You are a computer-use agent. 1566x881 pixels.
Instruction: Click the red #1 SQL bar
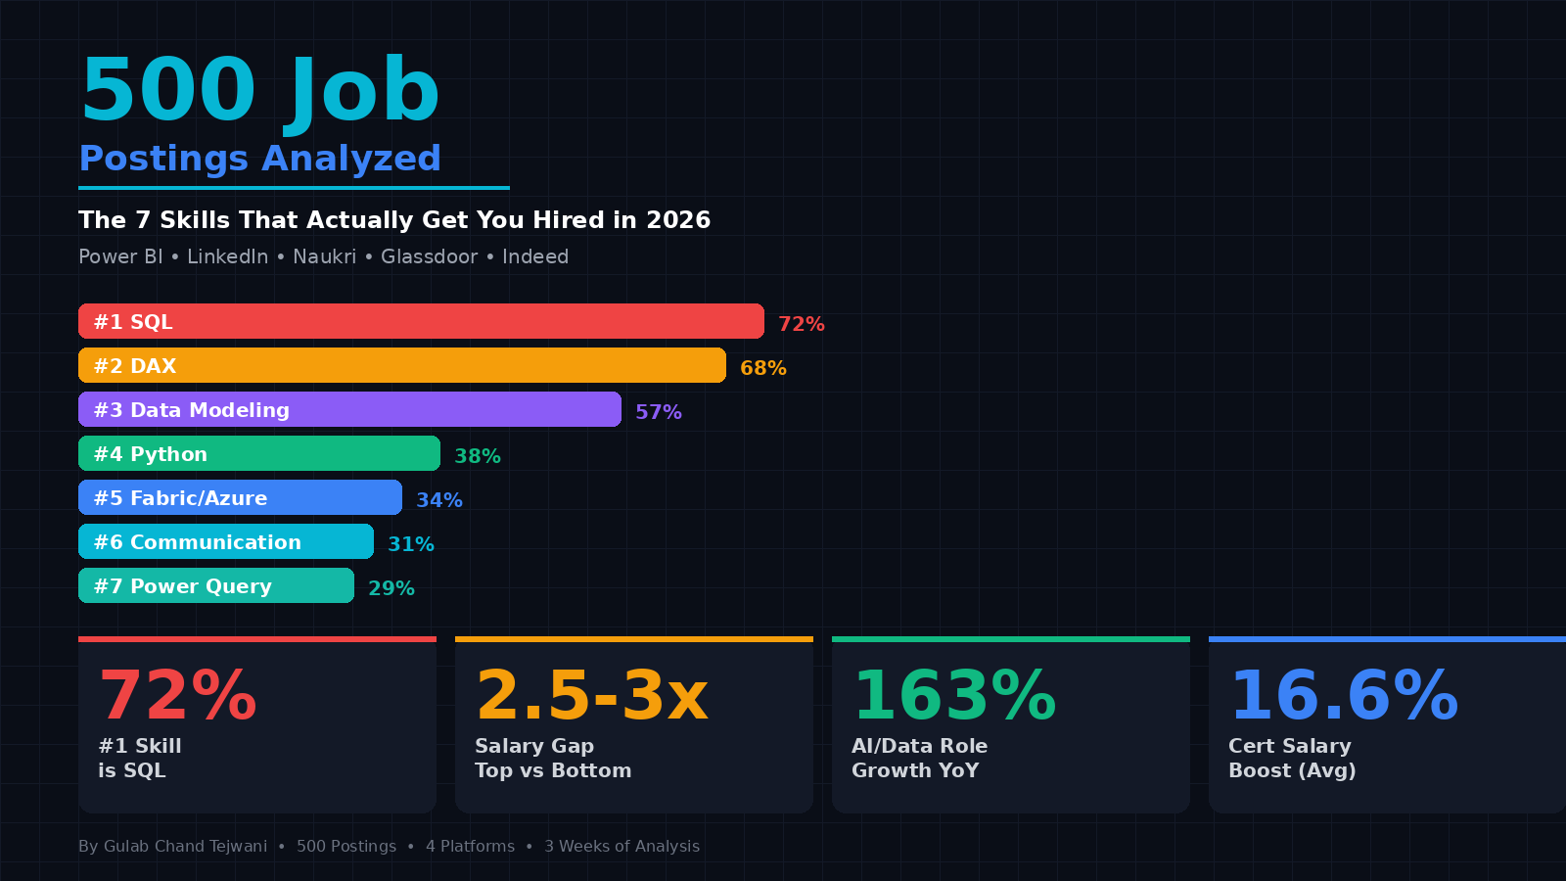pos(421,321)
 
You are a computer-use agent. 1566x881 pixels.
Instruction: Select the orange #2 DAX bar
pos(402,365)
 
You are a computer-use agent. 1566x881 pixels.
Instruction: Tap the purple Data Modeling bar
pos(349,409)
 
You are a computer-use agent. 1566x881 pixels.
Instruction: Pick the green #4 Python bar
pos(259,453)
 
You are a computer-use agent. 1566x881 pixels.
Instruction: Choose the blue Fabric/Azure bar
pos(240,497)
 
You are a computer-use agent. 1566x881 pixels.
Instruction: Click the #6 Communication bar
pos(226,541)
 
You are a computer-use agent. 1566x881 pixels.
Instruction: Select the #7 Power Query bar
pos(216,585)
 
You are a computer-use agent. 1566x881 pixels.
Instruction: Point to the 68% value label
pos(763,368)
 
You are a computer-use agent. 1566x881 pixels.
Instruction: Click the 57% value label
pos(659,412)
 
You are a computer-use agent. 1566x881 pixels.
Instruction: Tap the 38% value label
pos(478,456)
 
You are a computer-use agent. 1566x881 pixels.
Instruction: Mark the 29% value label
pos(391,588)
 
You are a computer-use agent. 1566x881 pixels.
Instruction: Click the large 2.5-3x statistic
pos(591,696)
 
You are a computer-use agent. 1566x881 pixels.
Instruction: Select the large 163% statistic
pos(954,696)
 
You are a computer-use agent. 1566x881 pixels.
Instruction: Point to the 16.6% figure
pos(1344,696)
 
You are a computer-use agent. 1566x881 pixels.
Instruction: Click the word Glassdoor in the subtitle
pos(430,256)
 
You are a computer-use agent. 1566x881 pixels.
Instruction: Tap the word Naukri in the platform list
pos(324,256)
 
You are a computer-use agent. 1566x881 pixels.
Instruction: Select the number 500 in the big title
pos(168,89)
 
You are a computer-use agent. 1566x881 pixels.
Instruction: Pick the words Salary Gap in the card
pos(534,746)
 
